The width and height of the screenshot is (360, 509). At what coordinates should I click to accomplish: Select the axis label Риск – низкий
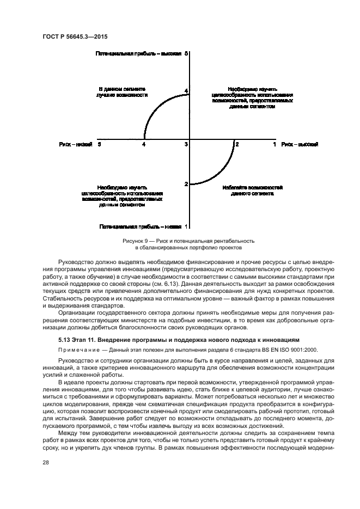pos(76,144)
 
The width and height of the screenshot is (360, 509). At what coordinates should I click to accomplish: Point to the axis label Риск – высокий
pos(300,144)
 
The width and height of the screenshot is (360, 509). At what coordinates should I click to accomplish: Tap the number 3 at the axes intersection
pos(186,144)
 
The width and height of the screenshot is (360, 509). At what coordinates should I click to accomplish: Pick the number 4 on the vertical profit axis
pos(186,91)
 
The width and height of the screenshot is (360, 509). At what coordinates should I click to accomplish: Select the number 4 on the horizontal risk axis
pos(144,144)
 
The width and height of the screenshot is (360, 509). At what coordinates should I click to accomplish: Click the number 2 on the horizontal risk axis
pos(237,144)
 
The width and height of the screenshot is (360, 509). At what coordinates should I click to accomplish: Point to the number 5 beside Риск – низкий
pos(99,144)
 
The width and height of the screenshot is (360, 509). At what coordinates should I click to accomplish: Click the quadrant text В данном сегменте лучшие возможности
pos(123,91)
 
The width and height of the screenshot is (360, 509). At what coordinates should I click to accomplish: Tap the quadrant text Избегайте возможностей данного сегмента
pos(252,190)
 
